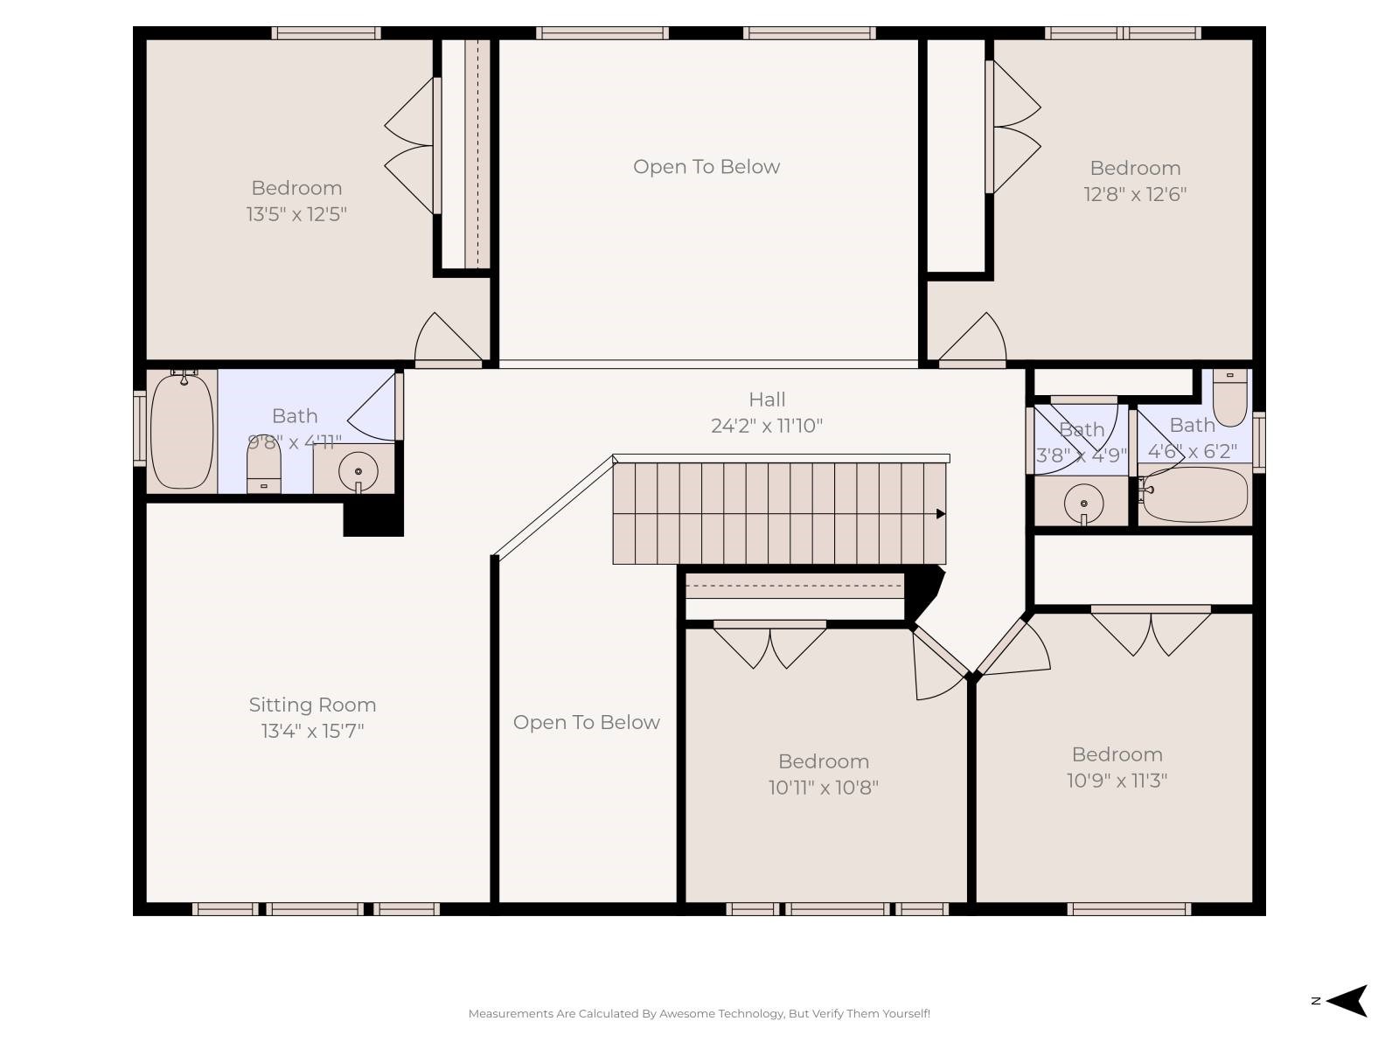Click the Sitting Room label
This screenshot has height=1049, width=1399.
point(312,705)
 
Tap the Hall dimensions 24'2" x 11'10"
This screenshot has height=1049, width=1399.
point(766,426)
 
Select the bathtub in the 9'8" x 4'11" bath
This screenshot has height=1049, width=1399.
point(181,432)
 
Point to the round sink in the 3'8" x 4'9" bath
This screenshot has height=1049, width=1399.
point(1083,504)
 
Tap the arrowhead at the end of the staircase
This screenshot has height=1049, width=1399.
point(941,514)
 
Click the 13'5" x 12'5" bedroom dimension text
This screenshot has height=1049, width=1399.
point(296,214)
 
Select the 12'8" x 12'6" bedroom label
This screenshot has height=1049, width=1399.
point(1135,168)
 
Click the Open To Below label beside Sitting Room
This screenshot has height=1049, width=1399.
point(586,722)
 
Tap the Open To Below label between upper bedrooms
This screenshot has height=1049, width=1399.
point(706,167)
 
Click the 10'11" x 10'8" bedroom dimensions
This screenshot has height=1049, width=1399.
point(823,788)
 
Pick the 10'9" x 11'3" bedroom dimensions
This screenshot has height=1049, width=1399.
point(1117,781)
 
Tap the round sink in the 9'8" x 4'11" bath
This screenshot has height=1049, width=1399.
point(358,472)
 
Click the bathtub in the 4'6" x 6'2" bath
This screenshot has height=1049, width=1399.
point(1195,495)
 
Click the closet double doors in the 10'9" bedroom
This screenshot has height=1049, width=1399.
point(1151,633)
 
